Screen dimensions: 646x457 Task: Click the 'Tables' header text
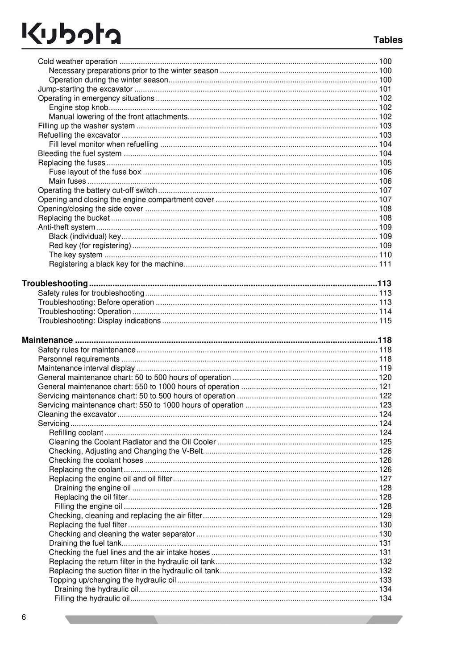pyautogui.click(x=388, y=40)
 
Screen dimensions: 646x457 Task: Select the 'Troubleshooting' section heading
pyautogui.click(x=55, y=284)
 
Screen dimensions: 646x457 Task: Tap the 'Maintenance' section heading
pyautogui.click(x=47, y=340)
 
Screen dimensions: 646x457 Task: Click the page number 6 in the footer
pyautogui.click(x=24, y=617)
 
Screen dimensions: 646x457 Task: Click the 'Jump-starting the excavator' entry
pyautogui.click(x=85, y=89)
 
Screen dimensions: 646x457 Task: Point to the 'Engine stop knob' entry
pyautogui.click(x=79, y=107)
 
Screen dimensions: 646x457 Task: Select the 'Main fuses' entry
pyautogui.click(x=67, y=181)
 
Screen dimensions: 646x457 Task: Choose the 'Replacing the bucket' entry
pyautogui.click(x=74, y=218)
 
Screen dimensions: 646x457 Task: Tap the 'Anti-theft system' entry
pyautogui.click(x=66, y=227)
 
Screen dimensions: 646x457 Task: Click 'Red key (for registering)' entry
pyautogui.click(x=90, y=246)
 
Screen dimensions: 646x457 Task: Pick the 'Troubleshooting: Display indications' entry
pyautogui.click(x=99, y=321)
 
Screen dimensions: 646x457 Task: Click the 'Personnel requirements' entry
pyautogui.click(x=79, y=359)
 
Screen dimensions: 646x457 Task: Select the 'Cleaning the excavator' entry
pyautogui.click(x=77, y=414)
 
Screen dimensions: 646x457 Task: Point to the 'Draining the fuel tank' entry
pyautogui.click(x=85, y=543)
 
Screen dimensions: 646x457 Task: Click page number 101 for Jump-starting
pyautogui.click(x=385, y=89)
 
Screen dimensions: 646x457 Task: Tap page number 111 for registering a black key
pyautogui.click(x=385, y=264)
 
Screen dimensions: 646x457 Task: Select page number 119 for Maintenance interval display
pyautogui.click(x=385, y=368)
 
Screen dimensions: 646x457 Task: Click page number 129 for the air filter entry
pyautogui.click(x=385, y=515)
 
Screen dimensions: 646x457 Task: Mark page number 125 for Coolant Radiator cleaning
pyautogui.click(x=385, y=442)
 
